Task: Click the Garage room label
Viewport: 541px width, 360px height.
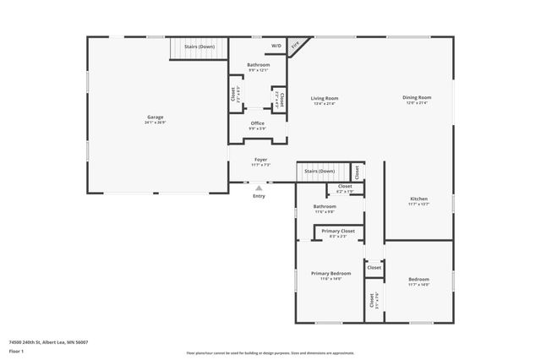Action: pos(156,117)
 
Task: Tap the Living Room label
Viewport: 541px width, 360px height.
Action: pos(325,98)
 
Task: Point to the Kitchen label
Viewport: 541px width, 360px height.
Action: pos(418,199)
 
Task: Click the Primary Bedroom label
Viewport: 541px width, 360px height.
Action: pos(331,273)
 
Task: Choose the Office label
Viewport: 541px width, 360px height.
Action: pos(258,123)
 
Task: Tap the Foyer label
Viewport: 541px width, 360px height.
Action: pos(262,159)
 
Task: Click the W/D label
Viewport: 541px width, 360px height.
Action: pos(276,46)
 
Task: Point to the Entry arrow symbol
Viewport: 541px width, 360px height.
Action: pos(259,188)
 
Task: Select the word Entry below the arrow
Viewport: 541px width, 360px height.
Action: pos(259,196)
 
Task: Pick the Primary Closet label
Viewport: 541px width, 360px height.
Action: pos(336,231)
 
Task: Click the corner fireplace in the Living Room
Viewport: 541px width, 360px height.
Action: pos(296,46)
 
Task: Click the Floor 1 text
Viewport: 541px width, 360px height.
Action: pos(16,351)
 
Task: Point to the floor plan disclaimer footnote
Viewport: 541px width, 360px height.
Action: pos(270,353)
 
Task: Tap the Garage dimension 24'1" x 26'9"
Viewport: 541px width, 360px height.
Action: pos(156,123)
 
